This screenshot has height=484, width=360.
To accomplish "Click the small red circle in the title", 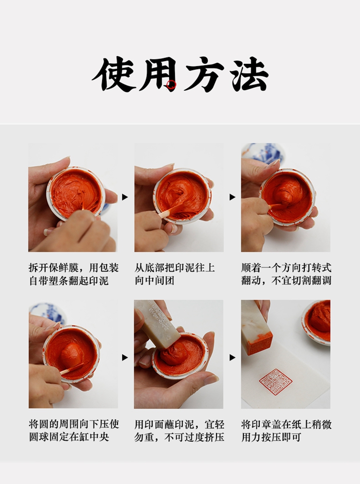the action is (x=171, y=85).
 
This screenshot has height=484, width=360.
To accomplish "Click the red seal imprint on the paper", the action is (x=276, y=381).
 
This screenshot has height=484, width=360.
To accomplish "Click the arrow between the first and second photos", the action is (x=125, y=197).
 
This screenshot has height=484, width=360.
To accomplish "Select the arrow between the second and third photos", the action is (x=232, y=197).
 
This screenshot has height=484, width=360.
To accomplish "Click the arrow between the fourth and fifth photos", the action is (x=125, y=357).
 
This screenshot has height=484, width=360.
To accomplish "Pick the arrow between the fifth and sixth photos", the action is (x=232, y=357).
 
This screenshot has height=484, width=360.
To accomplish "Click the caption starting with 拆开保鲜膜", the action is (x=73, y=274).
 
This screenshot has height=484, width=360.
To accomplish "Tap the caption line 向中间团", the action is (x=154, y=280).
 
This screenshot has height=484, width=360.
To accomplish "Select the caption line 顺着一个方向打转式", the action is (x=286, y=267).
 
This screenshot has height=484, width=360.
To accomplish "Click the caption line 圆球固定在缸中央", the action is (x=69, y=437).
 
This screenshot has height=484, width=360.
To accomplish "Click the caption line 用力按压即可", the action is (x=271, y=437).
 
